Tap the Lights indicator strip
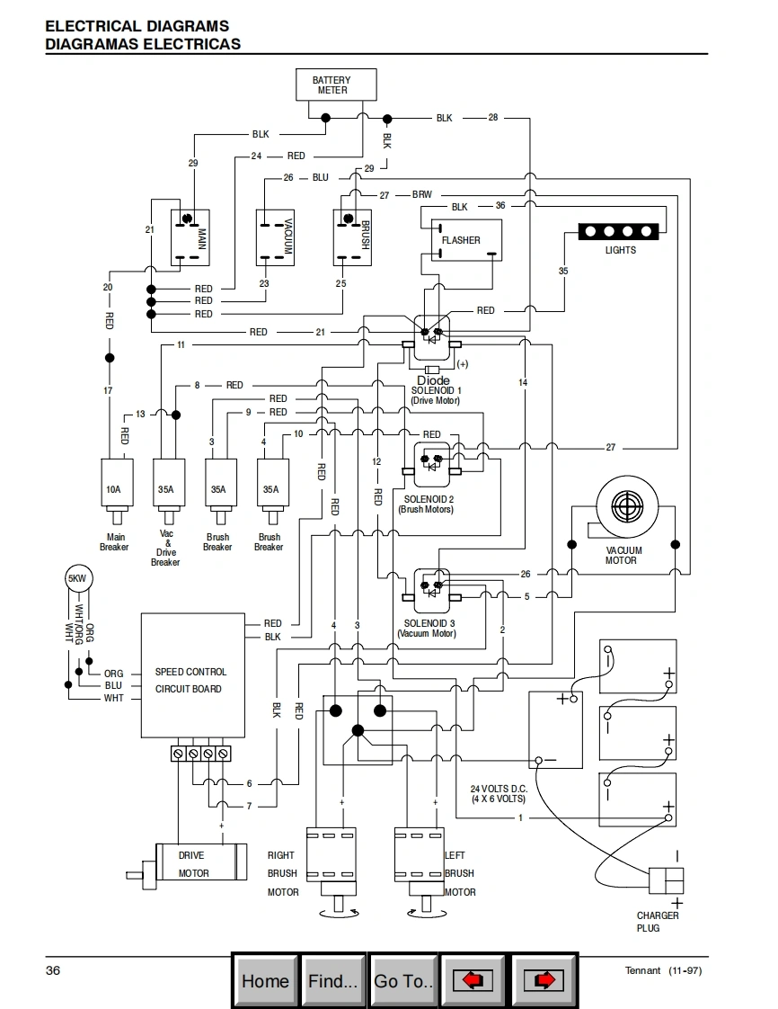pyautogui.click(x=620, y=232)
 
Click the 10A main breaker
pyautogui.click(x=113, y=489)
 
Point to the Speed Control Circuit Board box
pyautogui.click(x=192, y=674)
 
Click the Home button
pyautogui.click(x=265, y=980)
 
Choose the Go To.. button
pyautogui.click(x=403, y=980)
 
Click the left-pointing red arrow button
pyautogui.click(x=473, y=980)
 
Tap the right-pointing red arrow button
pyautogui.click(x=543, y=980)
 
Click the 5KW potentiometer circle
pyautogui.click(x=78, y=579)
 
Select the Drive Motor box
pyautogui.click(x=201, y=864)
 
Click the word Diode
pyautogui.click(x=434, y=380)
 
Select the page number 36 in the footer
pyautogui.click(x=53, y=970)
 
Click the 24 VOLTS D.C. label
pyautogui.click(x=499, y=793)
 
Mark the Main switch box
pyautogui.click(x=190, y=237)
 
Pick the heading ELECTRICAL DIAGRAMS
pyautogui.click(x=137, y=27)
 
